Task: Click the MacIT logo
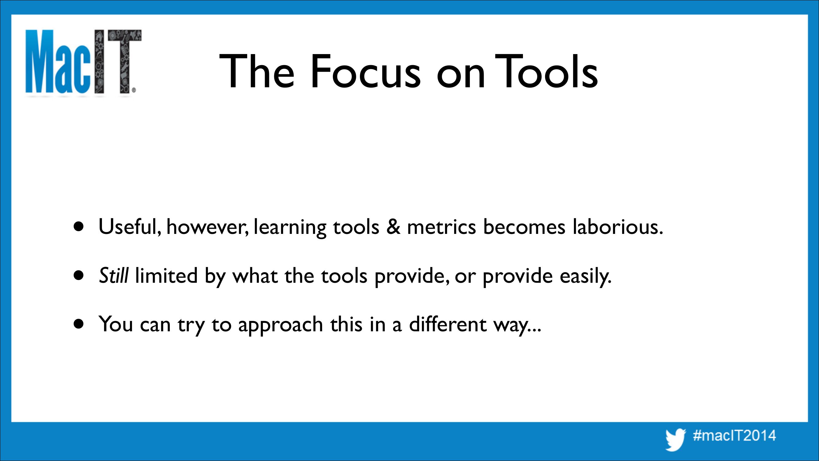coord(83,62)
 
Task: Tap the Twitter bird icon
coord(676,440)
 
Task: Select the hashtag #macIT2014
coord(735,435)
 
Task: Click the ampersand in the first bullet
coord(393,227)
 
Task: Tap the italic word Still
coord(114,275)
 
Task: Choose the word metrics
coord(441,227)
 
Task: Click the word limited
coord(166,275)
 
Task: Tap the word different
coord(448,324)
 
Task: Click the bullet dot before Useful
coord(78,227)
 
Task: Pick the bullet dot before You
coord(78,324)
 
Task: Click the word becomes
coord(524,227)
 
